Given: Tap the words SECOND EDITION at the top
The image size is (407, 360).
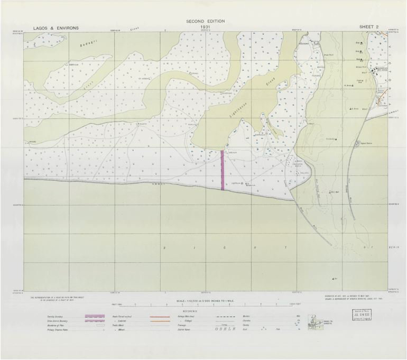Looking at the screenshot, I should pyautogui.click(x=205, y=21).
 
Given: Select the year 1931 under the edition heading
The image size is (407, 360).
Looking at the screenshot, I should pyautogui.click(x=205, y=26).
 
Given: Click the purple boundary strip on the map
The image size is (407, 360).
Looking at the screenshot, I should pyautogui.click(x=223, y=170).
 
